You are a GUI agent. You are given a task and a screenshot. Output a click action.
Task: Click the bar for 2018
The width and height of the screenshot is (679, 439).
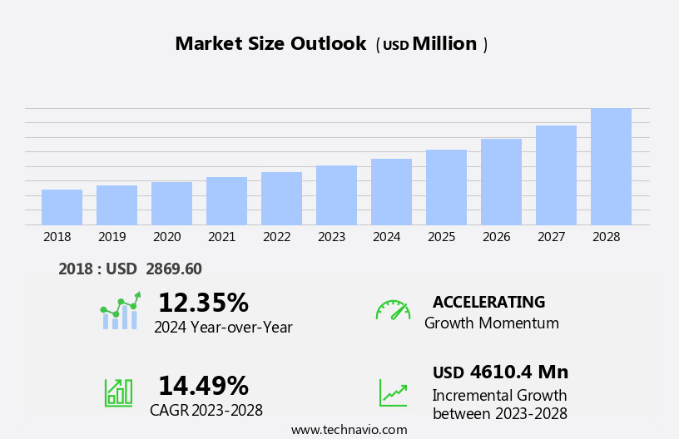coord(62,207)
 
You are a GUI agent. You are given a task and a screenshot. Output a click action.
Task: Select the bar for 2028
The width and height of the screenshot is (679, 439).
coord(611,166)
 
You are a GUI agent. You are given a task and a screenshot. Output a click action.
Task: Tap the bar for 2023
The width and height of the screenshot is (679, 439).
coord(336,195)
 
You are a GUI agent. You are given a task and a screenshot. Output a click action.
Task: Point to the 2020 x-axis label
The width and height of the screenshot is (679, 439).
coord(166,237)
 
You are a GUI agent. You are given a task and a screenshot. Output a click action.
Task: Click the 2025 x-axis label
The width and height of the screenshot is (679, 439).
coord(441,237)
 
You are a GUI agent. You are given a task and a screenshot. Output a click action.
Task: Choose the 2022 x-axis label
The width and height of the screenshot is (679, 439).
coord(276,237)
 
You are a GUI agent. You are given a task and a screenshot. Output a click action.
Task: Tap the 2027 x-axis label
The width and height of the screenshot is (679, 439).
coord(551,237)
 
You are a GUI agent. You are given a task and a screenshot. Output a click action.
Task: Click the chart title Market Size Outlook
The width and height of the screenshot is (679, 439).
coord(270,44)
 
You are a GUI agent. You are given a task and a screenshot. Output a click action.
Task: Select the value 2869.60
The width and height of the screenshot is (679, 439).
coord(174,269)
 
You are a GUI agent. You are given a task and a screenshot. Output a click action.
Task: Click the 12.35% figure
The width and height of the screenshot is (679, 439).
coord(203,303)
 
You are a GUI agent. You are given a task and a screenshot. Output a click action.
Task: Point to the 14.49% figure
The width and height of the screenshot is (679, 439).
coord(203,386)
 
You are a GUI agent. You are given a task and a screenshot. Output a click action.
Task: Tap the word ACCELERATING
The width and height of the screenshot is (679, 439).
coord(488,302)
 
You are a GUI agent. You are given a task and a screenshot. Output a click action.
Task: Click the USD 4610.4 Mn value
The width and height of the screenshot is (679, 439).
coord(500,372)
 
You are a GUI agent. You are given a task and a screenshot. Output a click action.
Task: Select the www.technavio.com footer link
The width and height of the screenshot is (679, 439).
coord(349,430)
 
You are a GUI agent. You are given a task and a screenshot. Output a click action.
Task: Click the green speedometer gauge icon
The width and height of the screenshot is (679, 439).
coord(393,311)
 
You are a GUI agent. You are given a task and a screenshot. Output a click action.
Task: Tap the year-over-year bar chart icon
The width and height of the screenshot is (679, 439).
coord(120,312)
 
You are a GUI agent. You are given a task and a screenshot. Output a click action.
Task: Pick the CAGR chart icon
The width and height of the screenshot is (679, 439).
coord(118,392)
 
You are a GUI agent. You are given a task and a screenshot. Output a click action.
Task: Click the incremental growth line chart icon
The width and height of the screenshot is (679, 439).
coord(393,392)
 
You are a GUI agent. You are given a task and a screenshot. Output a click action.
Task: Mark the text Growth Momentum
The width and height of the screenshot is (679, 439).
coord(491,323)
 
